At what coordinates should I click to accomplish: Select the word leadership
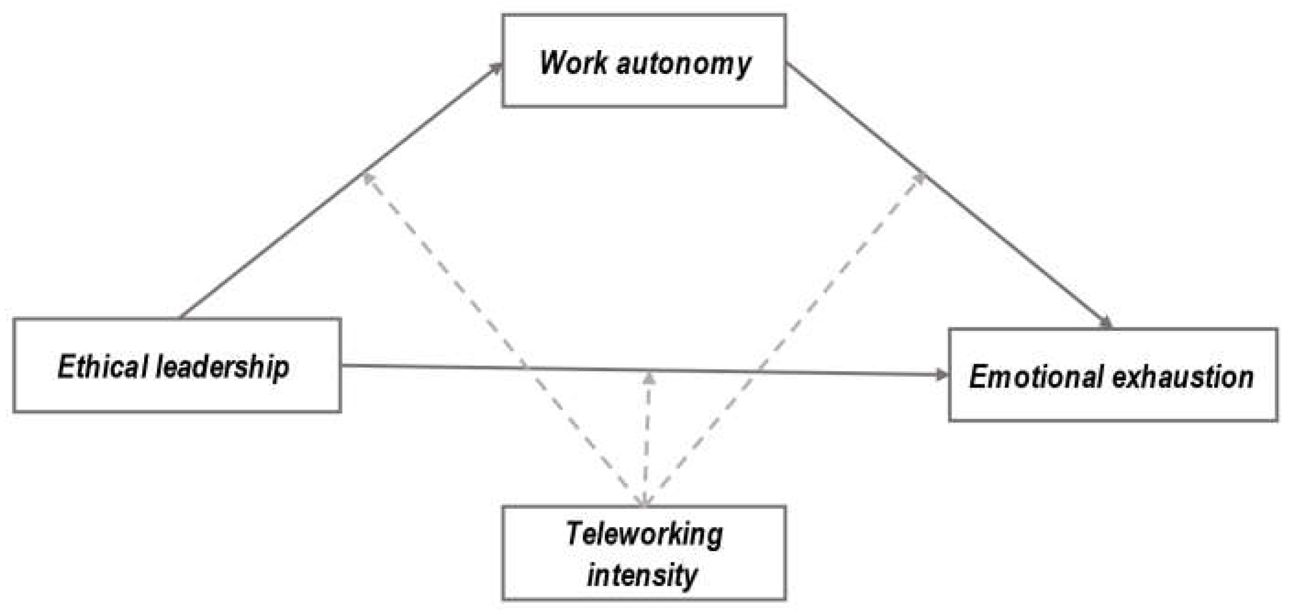[x=223, y=367]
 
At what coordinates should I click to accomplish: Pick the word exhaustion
[x=1182, y=377]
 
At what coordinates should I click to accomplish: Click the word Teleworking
[x=644, y=534]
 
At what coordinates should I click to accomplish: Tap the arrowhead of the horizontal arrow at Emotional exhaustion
[x=941, y=374]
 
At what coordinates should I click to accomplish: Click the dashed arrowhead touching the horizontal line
[x=649, y=379]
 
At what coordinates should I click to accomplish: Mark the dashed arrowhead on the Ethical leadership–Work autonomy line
[x=368, y=178]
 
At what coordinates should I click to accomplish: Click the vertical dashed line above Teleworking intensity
[x=647, y=441]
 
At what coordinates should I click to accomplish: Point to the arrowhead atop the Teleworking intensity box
[x=645, y=500]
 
